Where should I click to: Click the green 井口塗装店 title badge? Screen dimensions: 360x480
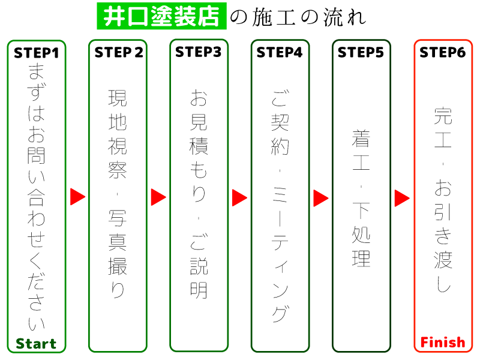coord(161,16)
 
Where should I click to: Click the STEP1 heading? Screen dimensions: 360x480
coord(37,53)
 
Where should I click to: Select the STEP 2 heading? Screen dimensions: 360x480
coord(119,52)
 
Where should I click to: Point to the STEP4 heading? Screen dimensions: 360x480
coord(280,52)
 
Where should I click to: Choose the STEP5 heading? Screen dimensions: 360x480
coord(361,52)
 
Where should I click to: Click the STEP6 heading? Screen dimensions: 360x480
coord(443,52)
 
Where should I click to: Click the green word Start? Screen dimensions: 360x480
coord(36,344)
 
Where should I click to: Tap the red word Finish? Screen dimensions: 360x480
coord(443,343)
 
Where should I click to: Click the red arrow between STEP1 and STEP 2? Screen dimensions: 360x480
coord(77,197)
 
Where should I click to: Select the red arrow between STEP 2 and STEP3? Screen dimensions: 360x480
coord(158,197)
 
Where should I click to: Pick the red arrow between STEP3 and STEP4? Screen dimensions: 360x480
coord(239,197)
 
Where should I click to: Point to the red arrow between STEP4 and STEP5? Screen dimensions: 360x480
coord(321,197)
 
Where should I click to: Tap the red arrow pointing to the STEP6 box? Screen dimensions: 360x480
coord(402,197)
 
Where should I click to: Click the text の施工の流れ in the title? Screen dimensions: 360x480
coord(298,17)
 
